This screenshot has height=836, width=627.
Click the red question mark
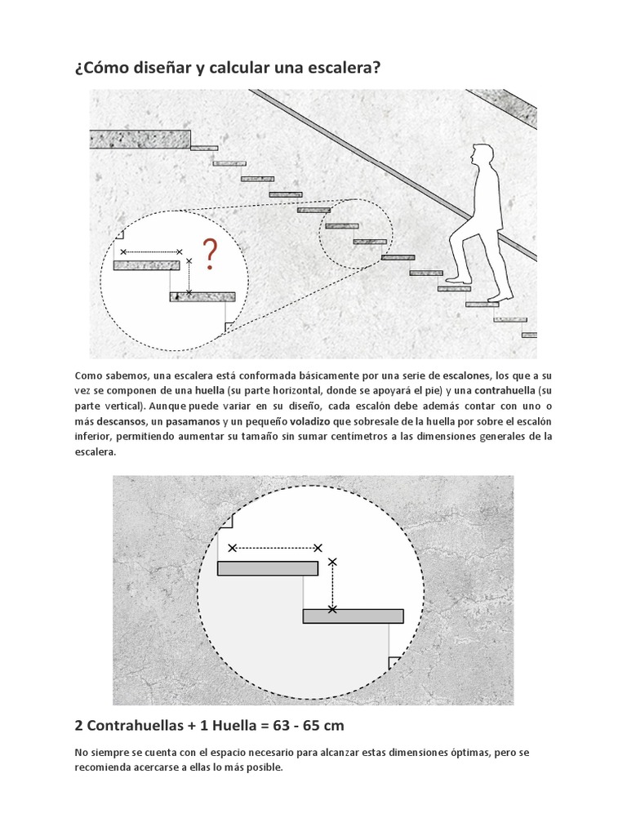click(210, 255)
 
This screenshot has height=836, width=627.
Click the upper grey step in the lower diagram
click(267, 568)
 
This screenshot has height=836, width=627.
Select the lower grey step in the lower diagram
click(353, 616)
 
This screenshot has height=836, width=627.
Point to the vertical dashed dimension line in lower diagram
click(332, 585)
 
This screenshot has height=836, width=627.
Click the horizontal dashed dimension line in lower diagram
click(275, 548)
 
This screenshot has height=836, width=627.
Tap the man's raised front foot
click(458, 280)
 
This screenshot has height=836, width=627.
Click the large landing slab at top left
click(140, 139)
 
